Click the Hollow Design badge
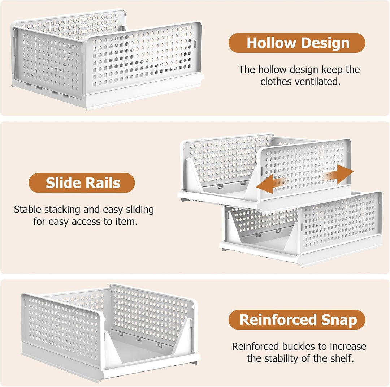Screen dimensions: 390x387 click(x=297, y=43)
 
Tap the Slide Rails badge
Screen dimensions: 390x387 click(x=82, y=183)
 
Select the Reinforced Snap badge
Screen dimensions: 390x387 click(x=297, y=320)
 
